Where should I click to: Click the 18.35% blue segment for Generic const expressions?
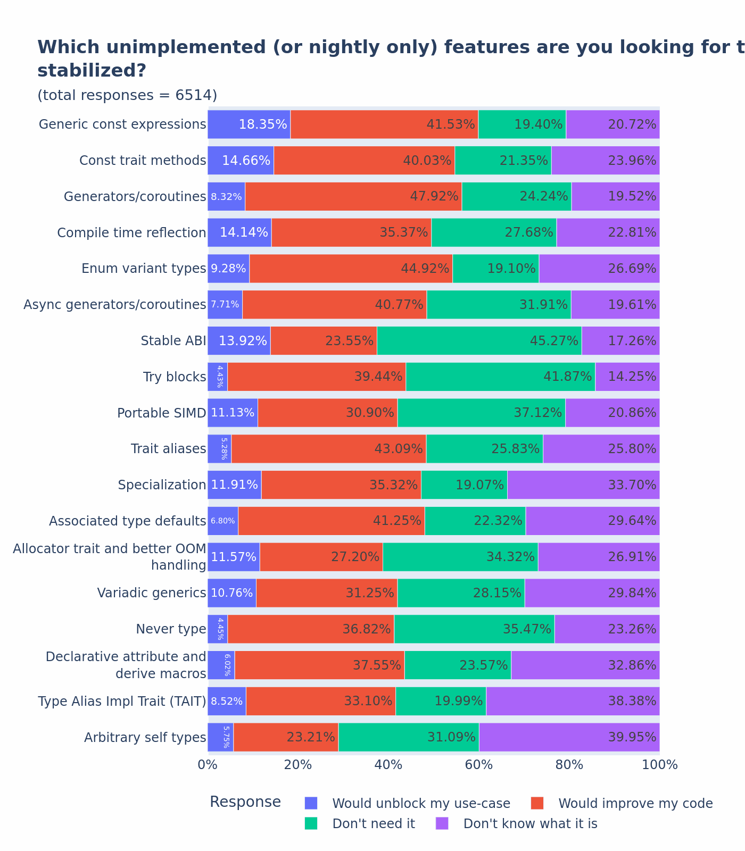point(249,124)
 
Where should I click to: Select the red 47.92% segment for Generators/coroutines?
point(353,196)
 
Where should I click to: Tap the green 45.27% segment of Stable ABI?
point(479,341)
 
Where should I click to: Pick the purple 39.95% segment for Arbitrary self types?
point(569,737)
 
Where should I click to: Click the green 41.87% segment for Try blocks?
point(500,377)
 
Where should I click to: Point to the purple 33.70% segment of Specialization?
point(583,485)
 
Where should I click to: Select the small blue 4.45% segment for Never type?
point(217,629)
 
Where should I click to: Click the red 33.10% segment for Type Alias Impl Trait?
point(320,701)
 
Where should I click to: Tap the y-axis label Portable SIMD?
point(161,413)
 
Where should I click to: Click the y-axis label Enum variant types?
point(144,269)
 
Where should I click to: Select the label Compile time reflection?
point(131,233)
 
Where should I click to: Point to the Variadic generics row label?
point(151,593)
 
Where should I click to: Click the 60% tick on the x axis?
point(479,765)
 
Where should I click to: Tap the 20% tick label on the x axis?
point(298,765)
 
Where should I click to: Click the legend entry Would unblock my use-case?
point(421,803)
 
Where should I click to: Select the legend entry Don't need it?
point(373,824)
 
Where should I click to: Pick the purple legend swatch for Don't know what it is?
point(442,823)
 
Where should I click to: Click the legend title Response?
point(245,802)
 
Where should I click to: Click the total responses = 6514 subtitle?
point(127,95)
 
